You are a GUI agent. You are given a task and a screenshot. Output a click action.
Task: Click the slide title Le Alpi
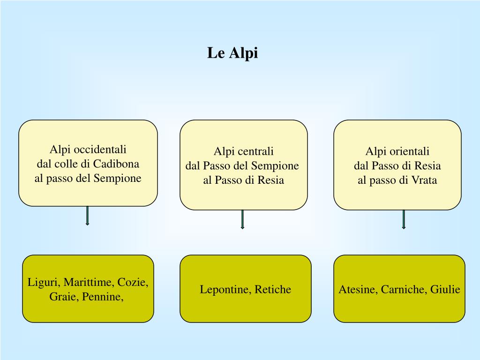click(232, 53)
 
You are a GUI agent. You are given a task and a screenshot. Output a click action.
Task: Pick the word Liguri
click(43, 282)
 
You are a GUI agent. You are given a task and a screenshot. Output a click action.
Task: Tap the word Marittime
click(89, 282)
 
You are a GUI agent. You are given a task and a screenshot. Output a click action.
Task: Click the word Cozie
click(133, 282)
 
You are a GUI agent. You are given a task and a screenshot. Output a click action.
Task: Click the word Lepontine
click(225, 289)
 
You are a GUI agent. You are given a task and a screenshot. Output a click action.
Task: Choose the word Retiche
click(273, 289)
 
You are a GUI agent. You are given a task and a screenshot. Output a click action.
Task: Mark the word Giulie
click(445, 289)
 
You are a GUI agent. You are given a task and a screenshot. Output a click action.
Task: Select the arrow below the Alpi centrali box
click(242, 219)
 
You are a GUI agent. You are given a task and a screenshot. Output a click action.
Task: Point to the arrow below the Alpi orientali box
click(404, 219)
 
